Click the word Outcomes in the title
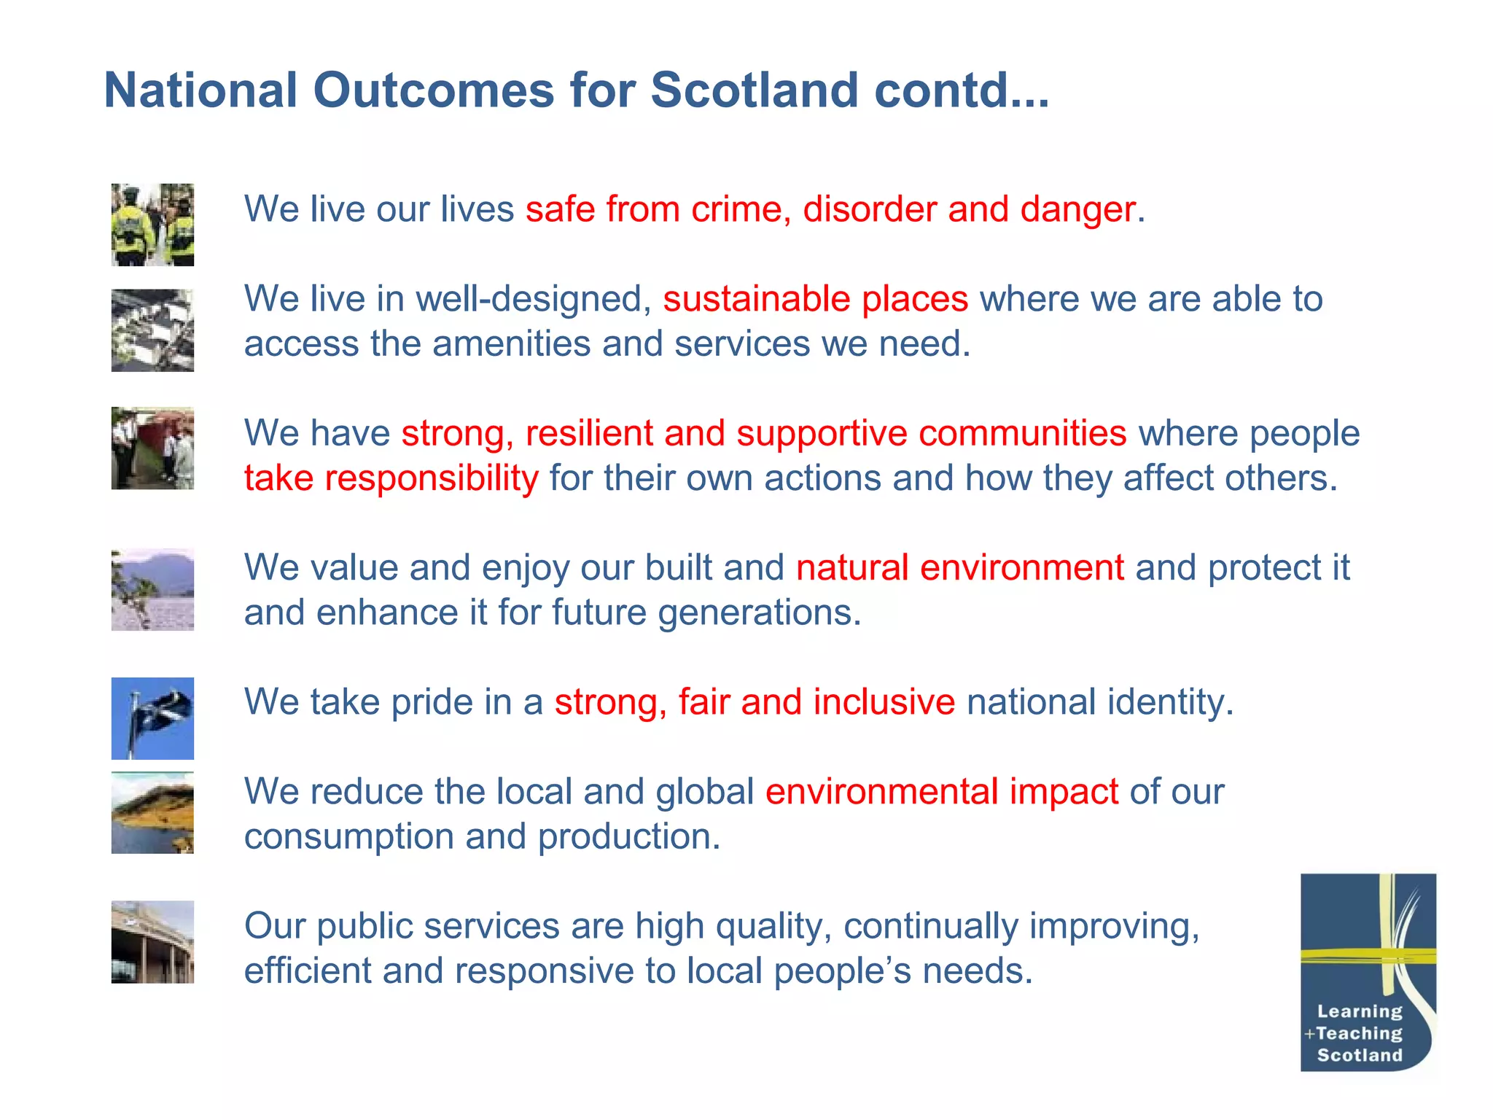tap(434, 90)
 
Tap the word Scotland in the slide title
tap(754, 90)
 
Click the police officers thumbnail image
tap(152, 225)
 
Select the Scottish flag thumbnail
tap(152, 718)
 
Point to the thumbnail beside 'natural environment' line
tap(152, 589)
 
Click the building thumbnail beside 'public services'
tap(152, 941)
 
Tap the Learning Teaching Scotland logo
tap(1368, 972)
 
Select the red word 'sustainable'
tap(756, 299)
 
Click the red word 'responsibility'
tap(431, 478)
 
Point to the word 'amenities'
tap(511, 343)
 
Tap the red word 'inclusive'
tap(884, 702)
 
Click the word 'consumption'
tap(348, 836)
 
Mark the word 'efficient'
tap(307, 971)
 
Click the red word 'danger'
tap(1077, 209)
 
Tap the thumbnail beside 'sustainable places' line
tap(152, 330)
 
